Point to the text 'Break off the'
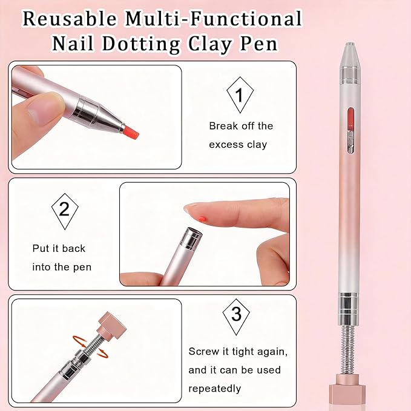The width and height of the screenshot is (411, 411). [x=241, y=126]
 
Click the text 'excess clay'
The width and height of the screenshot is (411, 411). [x=238, y=144]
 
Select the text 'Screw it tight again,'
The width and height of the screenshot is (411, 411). [x=238, y=352]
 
